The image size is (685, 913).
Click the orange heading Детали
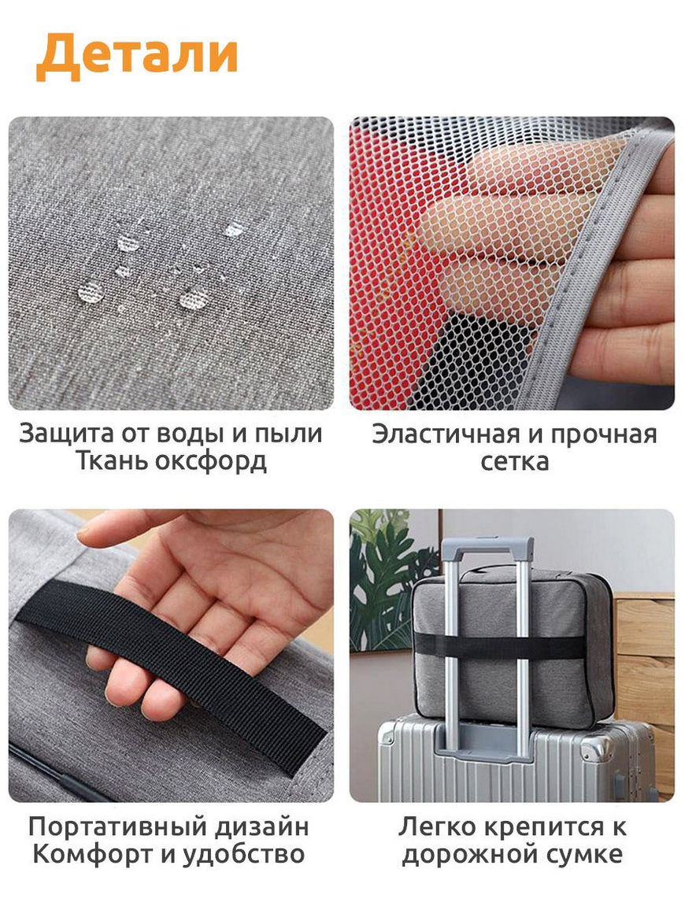(x=137, y=55)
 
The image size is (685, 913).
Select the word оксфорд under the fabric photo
(x=212, y=462)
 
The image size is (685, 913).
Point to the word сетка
(x=515, y=462)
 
